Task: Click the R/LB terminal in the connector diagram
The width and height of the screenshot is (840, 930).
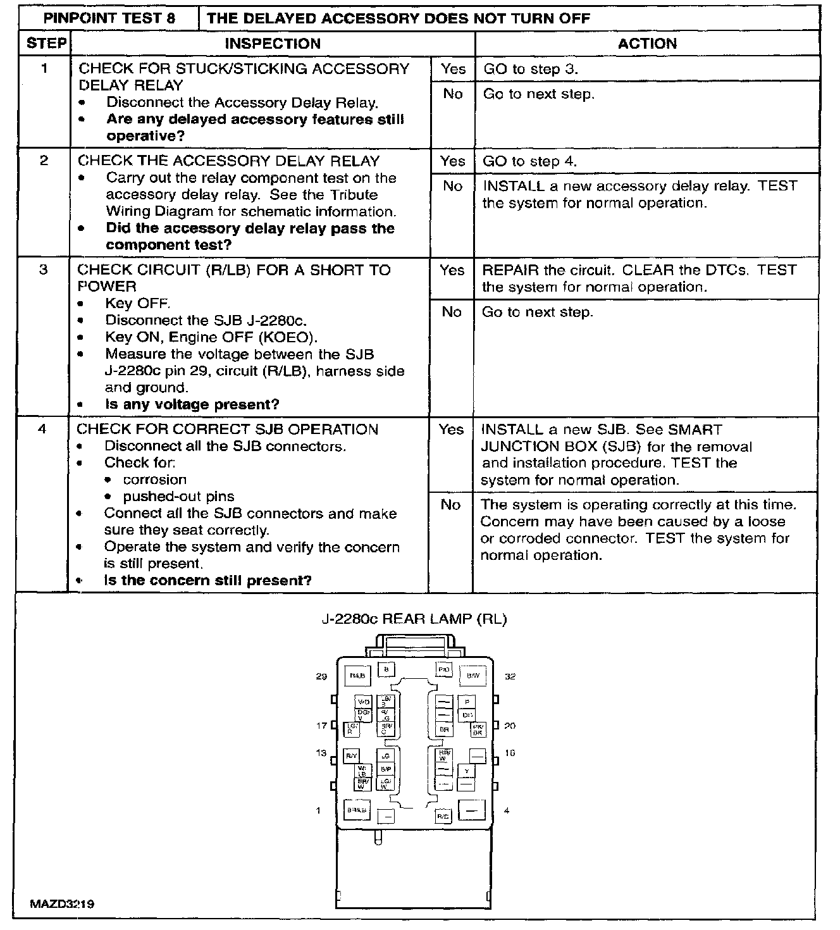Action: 357,676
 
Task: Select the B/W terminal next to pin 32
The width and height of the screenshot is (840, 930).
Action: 473,676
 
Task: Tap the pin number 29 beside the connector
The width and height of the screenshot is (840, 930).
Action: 321,676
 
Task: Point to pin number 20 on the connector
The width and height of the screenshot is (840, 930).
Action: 510,726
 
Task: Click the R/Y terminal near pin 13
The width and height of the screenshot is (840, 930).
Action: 351,755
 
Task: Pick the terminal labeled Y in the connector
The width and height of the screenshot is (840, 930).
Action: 466,771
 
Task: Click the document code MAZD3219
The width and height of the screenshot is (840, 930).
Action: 62,904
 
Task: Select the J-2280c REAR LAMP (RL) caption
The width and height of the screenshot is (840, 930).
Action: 414,619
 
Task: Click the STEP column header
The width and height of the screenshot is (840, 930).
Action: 46,44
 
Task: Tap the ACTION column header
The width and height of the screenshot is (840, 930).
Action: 647,44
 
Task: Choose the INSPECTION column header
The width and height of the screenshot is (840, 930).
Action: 273,44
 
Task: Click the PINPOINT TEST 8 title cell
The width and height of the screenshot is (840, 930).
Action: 109,18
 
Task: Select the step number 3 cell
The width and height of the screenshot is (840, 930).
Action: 43,270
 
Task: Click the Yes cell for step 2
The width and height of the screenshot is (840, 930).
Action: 452,161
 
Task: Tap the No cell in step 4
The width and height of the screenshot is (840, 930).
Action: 450,505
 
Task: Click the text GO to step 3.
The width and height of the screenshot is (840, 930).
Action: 531,69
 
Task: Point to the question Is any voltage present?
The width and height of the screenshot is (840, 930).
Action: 192,404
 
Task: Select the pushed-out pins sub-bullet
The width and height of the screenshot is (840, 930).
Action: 178,497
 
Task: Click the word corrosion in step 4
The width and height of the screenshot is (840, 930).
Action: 155,480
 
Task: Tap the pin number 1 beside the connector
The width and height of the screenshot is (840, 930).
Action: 318,810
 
